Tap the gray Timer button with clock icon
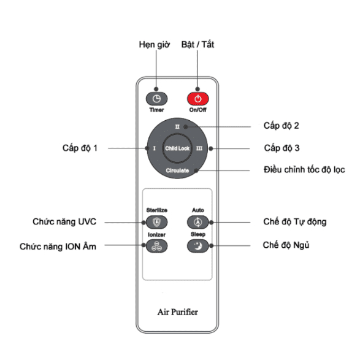(156, 99)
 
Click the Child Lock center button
(177, 148)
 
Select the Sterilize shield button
(156, 222)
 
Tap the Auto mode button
(198, 222)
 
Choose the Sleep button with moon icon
(198, 246)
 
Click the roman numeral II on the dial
(177, 127)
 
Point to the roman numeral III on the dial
(199, 148)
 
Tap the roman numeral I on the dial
(155, 148)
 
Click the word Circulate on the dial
(177, 170)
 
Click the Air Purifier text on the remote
(177, 312)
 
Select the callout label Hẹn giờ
(155, 45)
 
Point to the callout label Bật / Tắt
(197, 45)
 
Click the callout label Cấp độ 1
(80, 148)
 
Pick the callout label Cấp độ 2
(281, 126)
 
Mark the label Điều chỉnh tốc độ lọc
(304, 170)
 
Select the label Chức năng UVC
(64, 222)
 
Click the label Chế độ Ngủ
(286, 245)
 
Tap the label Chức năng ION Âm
(58, 247)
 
